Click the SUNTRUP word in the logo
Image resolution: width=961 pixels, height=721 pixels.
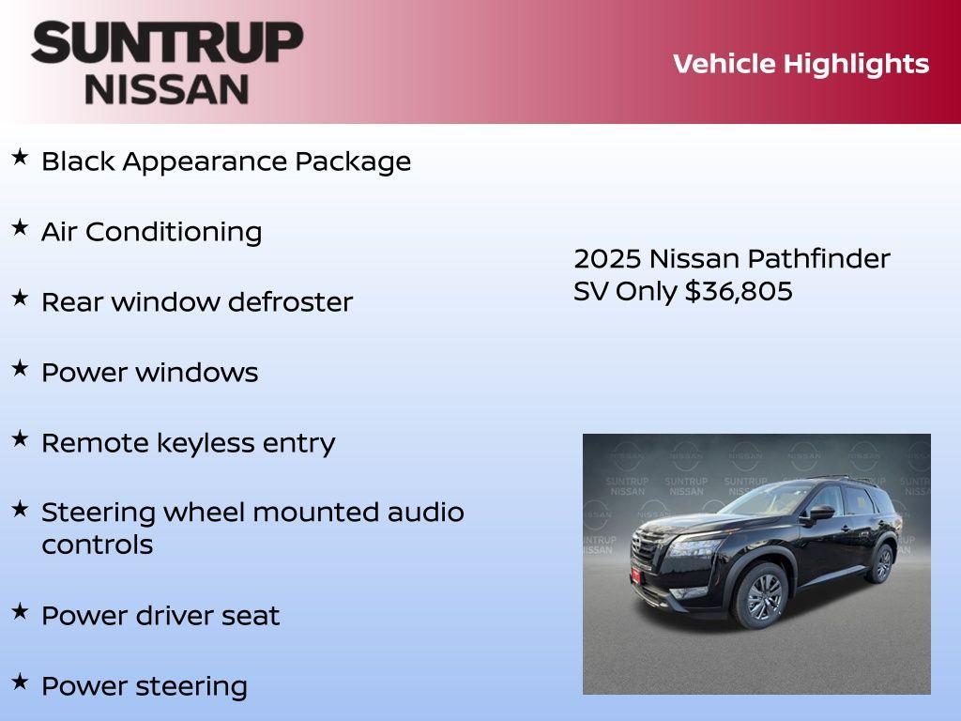coord(167,43)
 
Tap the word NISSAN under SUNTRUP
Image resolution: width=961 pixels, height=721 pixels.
coord(167,89)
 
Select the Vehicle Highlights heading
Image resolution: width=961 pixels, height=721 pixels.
coord(801,64)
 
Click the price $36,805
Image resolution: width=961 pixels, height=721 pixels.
coord(739,291)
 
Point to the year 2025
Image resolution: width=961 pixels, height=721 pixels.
coord(607,259)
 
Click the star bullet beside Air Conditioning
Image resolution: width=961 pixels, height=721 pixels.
coord(20,227)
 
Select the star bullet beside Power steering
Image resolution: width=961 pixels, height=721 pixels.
coord(20,682)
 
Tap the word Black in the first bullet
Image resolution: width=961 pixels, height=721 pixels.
coord(78,161)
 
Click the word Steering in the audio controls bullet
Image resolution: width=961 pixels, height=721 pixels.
coord(98,514)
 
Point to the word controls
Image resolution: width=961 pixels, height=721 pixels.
coord(97,545)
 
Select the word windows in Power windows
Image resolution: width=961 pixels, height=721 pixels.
coord(196,373)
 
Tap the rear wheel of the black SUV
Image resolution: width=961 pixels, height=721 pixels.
coord(881,563)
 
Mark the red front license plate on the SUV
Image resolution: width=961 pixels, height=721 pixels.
coord(635,575)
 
